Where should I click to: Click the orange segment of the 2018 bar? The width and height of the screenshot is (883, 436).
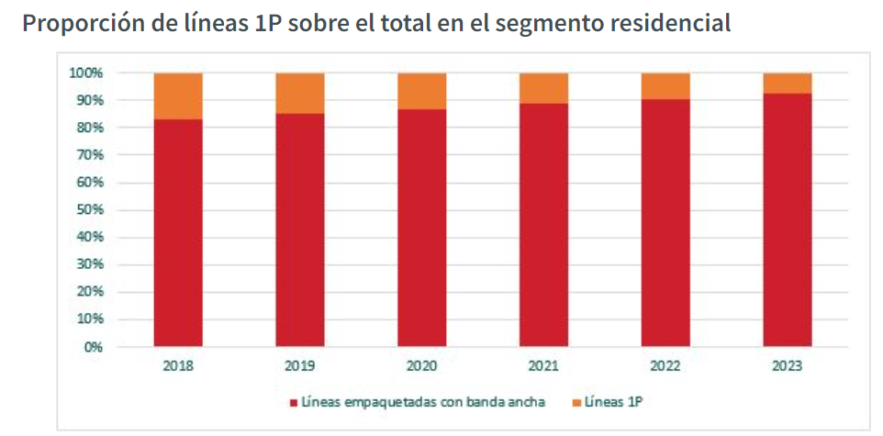pos(178,95)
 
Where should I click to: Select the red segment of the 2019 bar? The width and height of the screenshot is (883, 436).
pos(300,229)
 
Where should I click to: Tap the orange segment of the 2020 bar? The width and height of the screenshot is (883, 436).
pos(422,90)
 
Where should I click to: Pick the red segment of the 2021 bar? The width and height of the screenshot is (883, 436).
pos(543,225)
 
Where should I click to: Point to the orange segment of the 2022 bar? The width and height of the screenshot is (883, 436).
pos(665,85)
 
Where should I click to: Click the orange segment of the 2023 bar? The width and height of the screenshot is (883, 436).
pos(788,83)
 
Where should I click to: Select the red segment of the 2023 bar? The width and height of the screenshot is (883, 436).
pos(788,220)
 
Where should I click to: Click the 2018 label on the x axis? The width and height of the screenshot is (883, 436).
pos(178,365)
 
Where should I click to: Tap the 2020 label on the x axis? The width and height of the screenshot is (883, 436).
pos(422,365)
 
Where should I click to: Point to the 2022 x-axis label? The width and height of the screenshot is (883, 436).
pos(665,365)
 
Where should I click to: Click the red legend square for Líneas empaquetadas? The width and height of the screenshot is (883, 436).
pos(294,403)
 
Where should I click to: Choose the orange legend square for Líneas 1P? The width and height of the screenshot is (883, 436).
pos(576,403)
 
